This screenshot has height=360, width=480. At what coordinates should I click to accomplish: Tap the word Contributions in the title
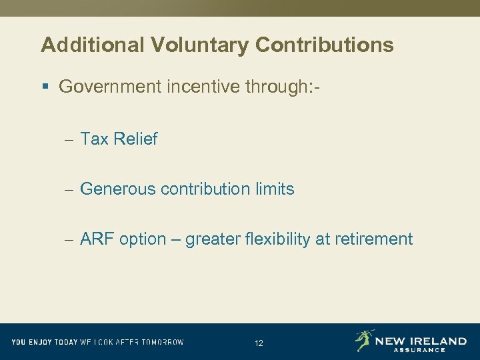[324, 45]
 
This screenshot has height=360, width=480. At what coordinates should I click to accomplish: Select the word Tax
[95, 139]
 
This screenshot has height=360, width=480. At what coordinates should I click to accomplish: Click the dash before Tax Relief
[69, 139]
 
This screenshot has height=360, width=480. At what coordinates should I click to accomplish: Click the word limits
[274, 189]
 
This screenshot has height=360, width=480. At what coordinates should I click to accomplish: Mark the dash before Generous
[69, 190]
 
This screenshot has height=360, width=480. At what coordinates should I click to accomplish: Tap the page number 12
[259, 343]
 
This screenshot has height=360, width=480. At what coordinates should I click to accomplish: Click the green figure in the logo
[364, 340]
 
